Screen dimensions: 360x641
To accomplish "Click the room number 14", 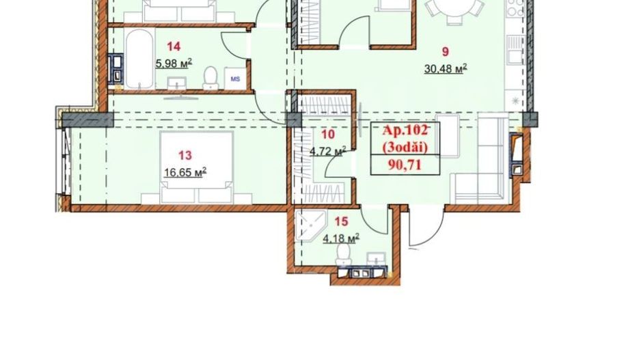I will pos(174,46).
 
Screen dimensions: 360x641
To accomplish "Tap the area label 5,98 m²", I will pos(174,63).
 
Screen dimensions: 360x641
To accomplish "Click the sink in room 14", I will pos(181,86).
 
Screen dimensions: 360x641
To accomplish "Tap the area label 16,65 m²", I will pos(185,172).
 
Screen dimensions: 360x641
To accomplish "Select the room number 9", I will pos(445,49).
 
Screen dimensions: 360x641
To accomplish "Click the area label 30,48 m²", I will pos(445,67).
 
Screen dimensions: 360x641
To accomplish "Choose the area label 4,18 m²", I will pos(341,238).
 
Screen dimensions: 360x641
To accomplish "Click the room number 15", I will pos(341,221).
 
